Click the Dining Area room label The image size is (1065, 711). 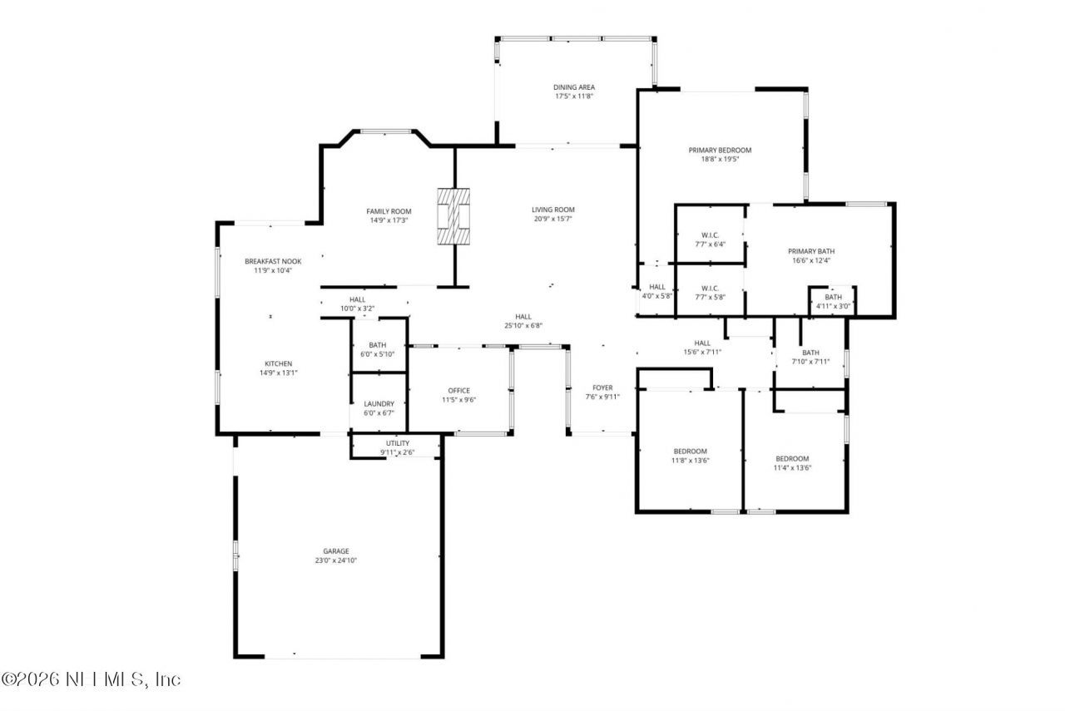(x=574, y=87)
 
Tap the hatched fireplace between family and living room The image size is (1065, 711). (x=453, y=216)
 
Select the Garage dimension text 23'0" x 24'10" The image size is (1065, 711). (x=335, y=560)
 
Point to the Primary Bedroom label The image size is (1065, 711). (x=720, y=151)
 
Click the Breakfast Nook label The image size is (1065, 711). (x=273, y=261)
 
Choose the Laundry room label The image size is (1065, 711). (x=379, y=404)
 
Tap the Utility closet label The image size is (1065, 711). (x=398, y=443)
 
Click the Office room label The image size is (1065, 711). (x=458, y=391)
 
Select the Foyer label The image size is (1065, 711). (x=602, y=388)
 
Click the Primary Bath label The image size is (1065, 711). (x=811, y=251)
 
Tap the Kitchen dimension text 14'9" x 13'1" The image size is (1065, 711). (x=278, y=373)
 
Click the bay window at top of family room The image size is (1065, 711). (x=385, y=131)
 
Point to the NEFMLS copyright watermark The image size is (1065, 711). (x=91, y=679)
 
